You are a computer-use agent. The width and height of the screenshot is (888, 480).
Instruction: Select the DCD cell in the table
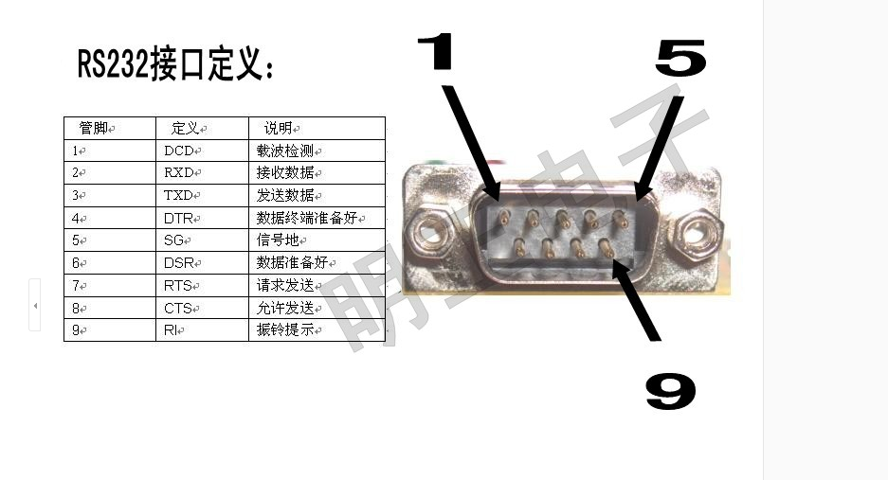tap(202, 151)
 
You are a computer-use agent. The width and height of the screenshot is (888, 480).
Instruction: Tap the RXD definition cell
tap(202, 172)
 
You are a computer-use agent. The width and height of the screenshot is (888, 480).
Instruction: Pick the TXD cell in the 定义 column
tap(202, 195)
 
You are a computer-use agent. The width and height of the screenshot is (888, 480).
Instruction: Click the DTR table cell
tap(202, 218)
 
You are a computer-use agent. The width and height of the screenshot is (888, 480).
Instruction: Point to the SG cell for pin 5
tap(202, 240)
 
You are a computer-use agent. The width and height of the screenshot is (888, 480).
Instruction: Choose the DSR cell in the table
tap(202, 262)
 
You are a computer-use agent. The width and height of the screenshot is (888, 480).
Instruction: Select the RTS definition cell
tap(202, 286)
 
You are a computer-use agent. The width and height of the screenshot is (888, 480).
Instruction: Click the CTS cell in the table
tap(202, 308)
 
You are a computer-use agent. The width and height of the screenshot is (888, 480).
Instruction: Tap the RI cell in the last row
tap(202, 330)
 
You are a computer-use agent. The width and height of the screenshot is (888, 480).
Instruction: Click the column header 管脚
tap(110, 129)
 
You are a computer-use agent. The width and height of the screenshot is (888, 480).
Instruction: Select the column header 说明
tap(317, 129)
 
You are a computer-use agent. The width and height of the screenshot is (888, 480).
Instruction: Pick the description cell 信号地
tap(317, 240)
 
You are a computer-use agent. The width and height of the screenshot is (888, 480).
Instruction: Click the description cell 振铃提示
tap(317, 330)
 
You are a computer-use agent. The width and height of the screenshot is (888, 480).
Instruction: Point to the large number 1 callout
tap(436, 51)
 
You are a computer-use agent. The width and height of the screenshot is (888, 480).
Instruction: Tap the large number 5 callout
tap(680, 58)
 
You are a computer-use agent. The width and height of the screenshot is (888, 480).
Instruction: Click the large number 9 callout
tap(671, 391)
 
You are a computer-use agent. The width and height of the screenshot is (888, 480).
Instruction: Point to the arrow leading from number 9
tap(635, 299)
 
